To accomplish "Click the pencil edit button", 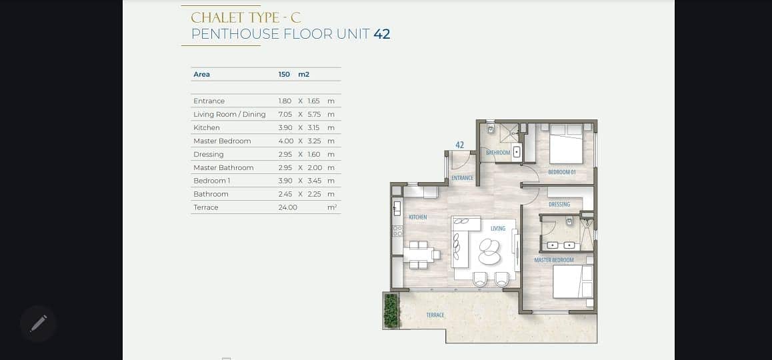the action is point(39,323).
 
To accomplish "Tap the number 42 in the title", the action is point(381,34).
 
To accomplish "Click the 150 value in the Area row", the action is point(284,75).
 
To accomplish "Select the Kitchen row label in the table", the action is point(207,127).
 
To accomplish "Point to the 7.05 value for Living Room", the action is point(285,114).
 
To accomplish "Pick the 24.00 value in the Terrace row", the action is point(288,207).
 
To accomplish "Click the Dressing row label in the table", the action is point(209,154).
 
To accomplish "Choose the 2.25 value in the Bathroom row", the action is point(313,194).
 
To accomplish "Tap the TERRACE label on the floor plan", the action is point(435,315).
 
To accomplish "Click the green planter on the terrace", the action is point(391,310).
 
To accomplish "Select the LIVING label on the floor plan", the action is point(498,229).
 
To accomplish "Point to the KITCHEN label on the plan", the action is point(418,217).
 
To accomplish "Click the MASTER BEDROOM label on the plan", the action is point(554,260).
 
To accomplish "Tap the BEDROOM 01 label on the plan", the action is point(562,173).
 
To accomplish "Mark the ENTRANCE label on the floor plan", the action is point(462,178).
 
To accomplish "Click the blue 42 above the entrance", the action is point(460,145).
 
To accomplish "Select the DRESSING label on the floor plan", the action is point(559,205).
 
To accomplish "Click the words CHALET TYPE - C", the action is point(246,17).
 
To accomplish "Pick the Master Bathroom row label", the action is point(223,167).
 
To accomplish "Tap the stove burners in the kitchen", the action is point(397,231).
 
